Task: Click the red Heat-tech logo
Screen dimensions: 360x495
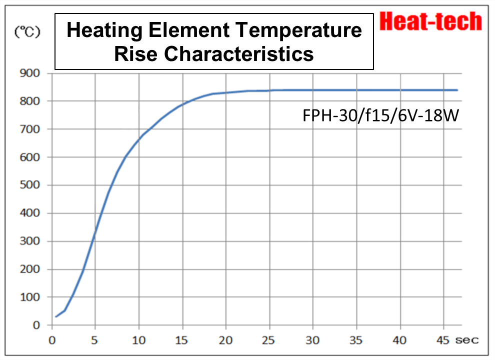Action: click(430, 21)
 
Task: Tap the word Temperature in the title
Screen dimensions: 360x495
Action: click(299, 30)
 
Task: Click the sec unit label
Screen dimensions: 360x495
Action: click(466, 340)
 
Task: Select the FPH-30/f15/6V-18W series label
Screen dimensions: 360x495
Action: click(380, 116)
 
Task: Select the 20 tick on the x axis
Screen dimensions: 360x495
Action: click(226, 340)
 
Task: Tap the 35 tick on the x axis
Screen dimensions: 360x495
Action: click(356, 340)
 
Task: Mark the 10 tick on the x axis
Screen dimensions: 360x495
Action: click(139, 340)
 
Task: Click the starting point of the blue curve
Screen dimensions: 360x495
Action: click(56, 316)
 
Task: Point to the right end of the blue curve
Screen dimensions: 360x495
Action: click(457, 90)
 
